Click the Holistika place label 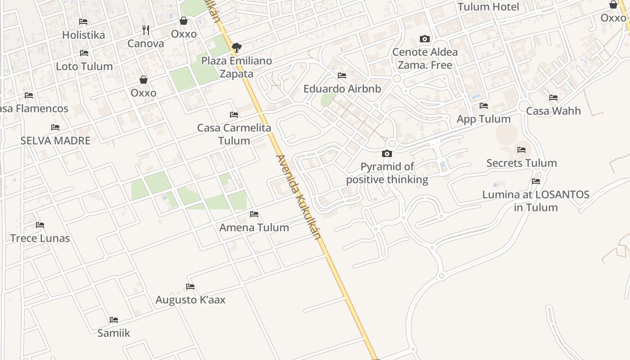pyautogui.click(x=83, y=35)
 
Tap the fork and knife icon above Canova pyautogui.click(x=146, y=30)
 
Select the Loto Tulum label pyautogui.click(x=84, y=66)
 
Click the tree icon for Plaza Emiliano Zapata pyautogui.click(x=236, y=47)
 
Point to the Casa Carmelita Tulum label pyautogui.click(x=234, y=134)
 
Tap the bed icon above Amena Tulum pyautogui.click(x=254, y=214)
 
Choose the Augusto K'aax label pyautogui.click(x=190, y=300)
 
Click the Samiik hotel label pyautogui.click(x=114, y=333)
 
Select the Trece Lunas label pyautogui.click(x=40, y=238)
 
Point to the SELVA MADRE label pyautogui.click(x=55, y=140)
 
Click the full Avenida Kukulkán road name pyautogui.click(x=299, y=197)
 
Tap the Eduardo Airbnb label pyautogui.click(x=342, y=89)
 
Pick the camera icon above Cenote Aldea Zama pyautogui.click(x=424, y=39)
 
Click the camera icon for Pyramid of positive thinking pyautogui.click(x=387, y=154)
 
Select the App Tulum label pyautogui.click(x=484, y=119)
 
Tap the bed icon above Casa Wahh pyautogui.click(x=553, y=98)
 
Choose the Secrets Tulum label pyautogui.click(x=522, y=163)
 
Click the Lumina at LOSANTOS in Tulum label pyautogui.click(x=535, y=201)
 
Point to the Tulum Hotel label pyautogui.click(x=488, y=7)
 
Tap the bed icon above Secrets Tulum pyautogui.click(x=522, y=150)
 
